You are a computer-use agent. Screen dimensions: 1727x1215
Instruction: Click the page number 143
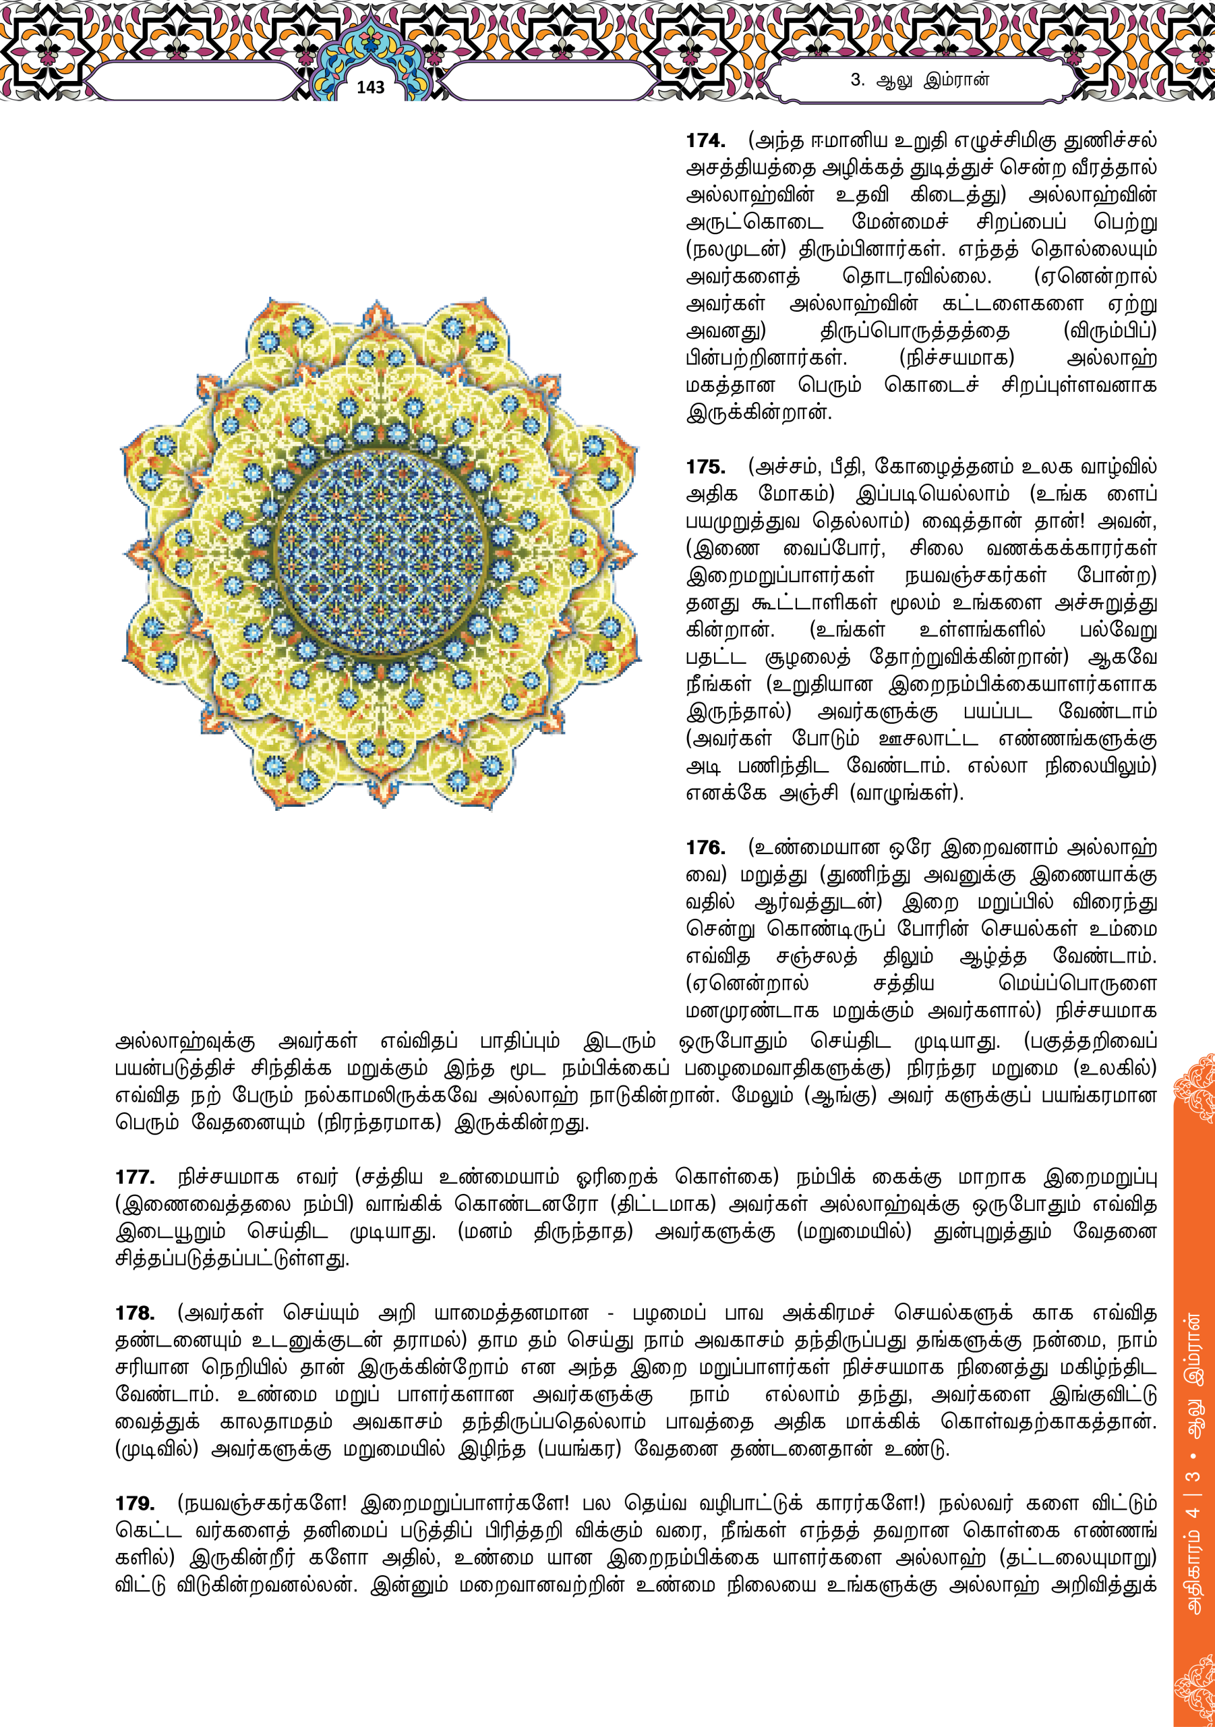tap(370, 87)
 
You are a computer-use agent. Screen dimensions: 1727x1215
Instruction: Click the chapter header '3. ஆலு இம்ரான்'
tap(920, 80)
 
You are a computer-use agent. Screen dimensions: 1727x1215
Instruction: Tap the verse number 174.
tap(705, 141)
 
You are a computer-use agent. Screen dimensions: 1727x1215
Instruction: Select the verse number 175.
tap(705, 467)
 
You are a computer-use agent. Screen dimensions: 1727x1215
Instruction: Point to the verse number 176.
tap(705, 848)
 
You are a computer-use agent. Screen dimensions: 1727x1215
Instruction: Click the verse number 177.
tap(135, 1177)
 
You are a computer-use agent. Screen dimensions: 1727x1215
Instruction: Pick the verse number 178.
tap(135, 1313)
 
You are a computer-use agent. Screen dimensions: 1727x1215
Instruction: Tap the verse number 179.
tap(135, 1504)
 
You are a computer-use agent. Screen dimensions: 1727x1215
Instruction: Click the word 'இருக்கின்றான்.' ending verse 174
tap(759, 413)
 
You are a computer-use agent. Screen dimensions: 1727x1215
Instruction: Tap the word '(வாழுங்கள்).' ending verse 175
tap(906, 793)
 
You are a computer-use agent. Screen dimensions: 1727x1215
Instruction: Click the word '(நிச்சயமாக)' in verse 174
tap(956, 358)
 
